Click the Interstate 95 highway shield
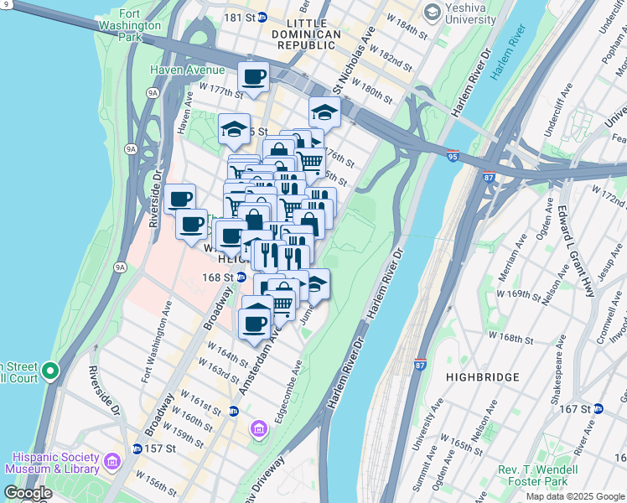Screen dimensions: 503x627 pyautogui.click(x=453, y=157)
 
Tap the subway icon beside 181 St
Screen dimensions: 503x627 pyautogui.click(x=262, y=17)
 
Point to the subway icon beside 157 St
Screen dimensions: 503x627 pyautogui.click(x=137, y=449)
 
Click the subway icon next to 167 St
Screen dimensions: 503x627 pyautogui.click(x=598, y=408)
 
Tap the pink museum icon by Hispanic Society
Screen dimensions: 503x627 pyautogui.click(x=111, y=461)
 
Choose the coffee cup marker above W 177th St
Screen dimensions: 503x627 pyautogui.click(x=252, y=78)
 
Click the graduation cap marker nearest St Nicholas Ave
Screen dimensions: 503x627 pyautogui.click(x=324, y=111)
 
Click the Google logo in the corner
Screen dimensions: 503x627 pyautogui.click(x=28, y=493)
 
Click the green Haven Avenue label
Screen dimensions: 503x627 pyautogui.click(x=187, y=70)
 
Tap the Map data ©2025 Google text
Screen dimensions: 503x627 pyautogui.click(x=575, y=496)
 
